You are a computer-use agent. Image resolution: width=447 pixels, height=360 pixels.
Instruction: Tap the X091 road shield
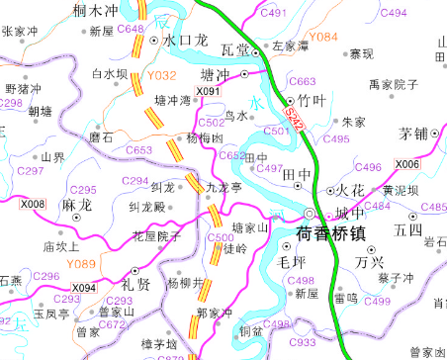click(x=209, y=92)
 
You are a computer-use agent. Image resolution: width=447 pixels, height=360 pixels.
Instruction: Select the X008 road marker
click(x=33, y=204)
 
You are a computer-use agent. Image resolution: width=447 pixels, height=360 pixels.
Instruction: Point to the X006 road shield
click(x=406, y=164)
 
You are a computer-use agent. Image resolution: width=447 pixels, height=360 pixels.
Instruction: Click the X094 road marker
click(x=84, y=288)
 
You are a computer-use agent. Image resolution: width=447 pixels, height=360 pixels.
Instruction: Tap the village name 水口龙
click(x=185, y=41)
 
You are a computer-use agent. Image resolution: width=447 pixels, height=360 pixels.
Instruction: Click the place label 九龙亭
click(x=223, y=186)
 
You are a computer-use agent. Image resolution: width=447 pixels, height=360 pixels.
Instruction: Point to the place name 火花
click(x=352, y=188)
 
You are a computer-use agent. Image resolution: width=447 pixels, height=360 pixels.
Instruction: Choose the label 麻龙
click(x=76, y=206)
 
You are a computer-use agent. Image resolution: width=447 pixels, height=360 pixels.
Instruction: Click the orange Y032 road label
click(x=160, y=74)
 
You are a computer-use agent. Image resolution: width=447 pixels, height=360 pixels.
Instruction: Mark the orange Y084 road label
click(x=323, y=38)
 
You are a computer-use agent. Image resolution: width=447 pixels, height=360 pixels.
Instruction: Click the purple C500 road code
click(x=221, y=237)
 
